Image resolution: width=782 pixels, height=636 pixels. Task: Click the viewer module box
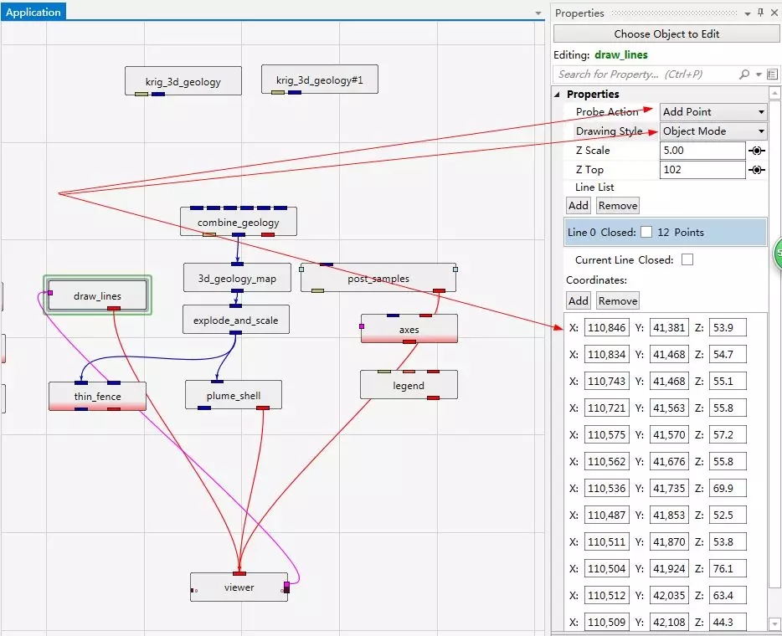click(x=239, y=587)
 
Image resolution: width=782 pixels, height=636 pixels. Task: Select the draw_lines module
click(x=97, y=295)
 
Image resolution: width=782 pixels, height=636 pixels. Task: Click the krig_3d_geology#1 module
click(x=320, y=79)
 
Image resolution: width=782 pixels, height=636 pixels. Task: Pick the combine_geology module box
click(x=239, y=222)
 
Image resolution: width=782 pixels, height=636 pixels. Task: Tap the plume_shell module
click(x=234, y=395)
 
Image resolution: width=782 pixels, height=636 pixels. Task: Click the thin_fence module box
click(x=97, y=397)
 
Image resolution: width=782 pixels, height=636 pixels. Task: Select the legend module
click(x=409, y=385)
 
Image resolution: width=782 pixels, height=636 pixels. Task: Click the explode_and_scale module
click(x=236, y=320)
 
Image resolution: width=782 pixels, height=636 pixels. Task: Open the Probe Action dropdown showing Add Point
click(x=713, y=111)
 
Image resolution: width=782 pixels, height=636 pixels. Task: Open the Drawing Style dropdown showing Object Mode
click(x=713, y=131)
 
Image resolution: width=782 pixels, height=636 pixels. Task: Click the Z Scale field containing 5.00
click(x=702, y=151)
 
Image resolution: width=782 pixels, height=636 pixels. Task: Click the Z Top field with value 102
click(x=702, y=170)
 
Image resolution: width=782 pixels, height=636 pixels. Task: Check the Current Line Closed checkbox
click(x=687, y=259)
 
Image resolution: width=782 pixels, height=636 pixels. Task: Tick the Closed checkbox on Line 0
click(x=646, y=232)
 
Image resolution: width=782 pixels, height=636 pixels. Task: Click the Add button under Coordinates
click(x=579, y=300)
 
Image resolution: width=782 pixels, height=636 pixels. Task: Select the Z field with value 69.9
click(x=728, y=488)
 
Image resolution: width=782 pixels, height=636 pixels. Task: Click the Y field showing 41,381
click(x=669, y=327)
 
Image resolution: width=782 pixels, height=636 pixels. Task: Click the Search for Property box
click(x=646, y=74)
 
